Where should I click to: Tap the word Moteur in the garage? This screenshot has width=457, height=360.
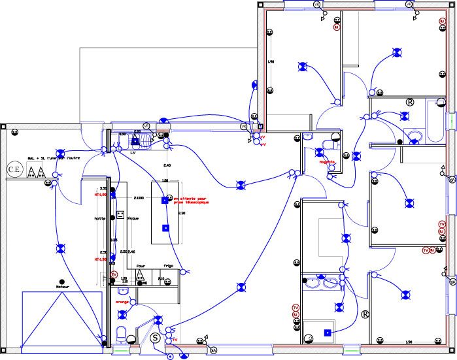pos(62,286)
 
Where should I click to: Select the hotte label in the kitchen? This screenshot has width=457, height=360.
pos(100,218)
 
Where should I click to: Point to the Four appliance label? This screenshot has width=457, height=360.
pos(139,266)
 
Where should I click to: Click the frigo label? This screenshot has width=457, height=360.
pos(169,266)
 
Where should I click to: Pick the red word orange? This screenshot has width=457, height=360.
pos(122,302)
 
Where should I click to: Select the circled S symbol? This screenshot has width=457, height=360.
pos(155,338)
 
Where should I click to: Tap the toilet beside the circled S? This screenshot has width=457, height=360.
pos(120,335)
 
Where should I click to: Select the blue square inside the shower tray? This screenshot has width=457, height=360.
pos(327,333)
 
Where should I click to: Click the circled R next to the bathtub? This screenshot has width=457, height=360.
pos(411,103)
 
